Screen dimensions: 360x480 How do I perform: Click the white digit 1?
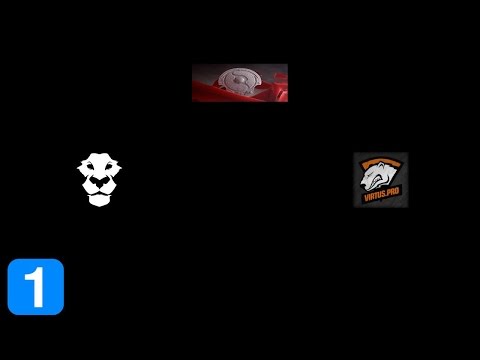click(x=36, y=287)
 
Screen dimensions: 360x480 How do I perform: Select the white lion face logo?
click(x=100, y=180)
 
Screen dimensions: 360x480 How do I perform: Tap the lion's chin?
click(x=100, y=204)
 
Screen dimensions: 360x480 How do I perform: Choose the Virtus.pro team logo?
click(x=381, y=180)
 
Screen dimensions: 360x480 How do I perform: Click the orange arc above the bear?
click(x=381, y=160)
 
